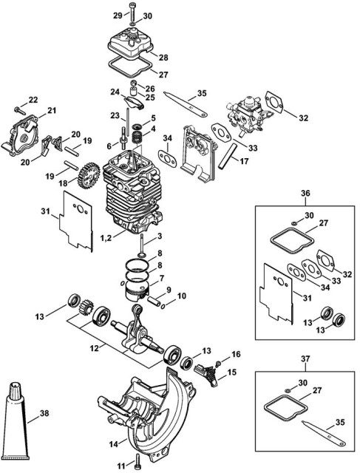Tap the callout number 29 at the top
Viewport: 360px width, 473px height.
[x=118, y=15]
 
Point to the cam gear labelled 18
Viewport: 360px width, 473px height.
[x=89, y=174]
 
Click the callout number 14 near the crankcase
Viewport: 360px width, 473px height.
[x=114, y=443]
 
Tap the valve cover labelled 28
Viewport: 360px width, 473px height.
[x=130, y=39]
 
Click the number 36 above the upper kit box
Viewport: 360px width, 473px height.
[x=305, y=193]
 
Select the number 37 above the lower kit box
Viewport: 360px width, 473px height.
[x=305, y=359]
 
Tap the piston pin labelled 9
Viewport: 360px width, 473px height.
[x=153, y=301]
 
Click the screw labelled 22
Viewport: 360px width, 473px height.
[x=20, y=110]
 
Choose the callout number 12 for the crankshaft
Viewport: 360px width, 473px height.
[x=94, y=348]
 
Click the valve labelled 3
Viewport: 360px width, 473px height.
[x=141, y=245]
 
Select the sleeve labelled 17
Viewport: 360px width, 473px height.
[x=228, y=157]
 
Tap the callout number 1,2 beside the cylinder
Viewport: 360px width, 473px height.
[x=106, y=238]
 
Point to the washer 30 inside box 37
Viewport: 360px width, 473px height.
[x=287, y=391]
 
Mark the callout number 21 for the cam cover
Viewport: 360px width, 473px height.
[x=52, y=111]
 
